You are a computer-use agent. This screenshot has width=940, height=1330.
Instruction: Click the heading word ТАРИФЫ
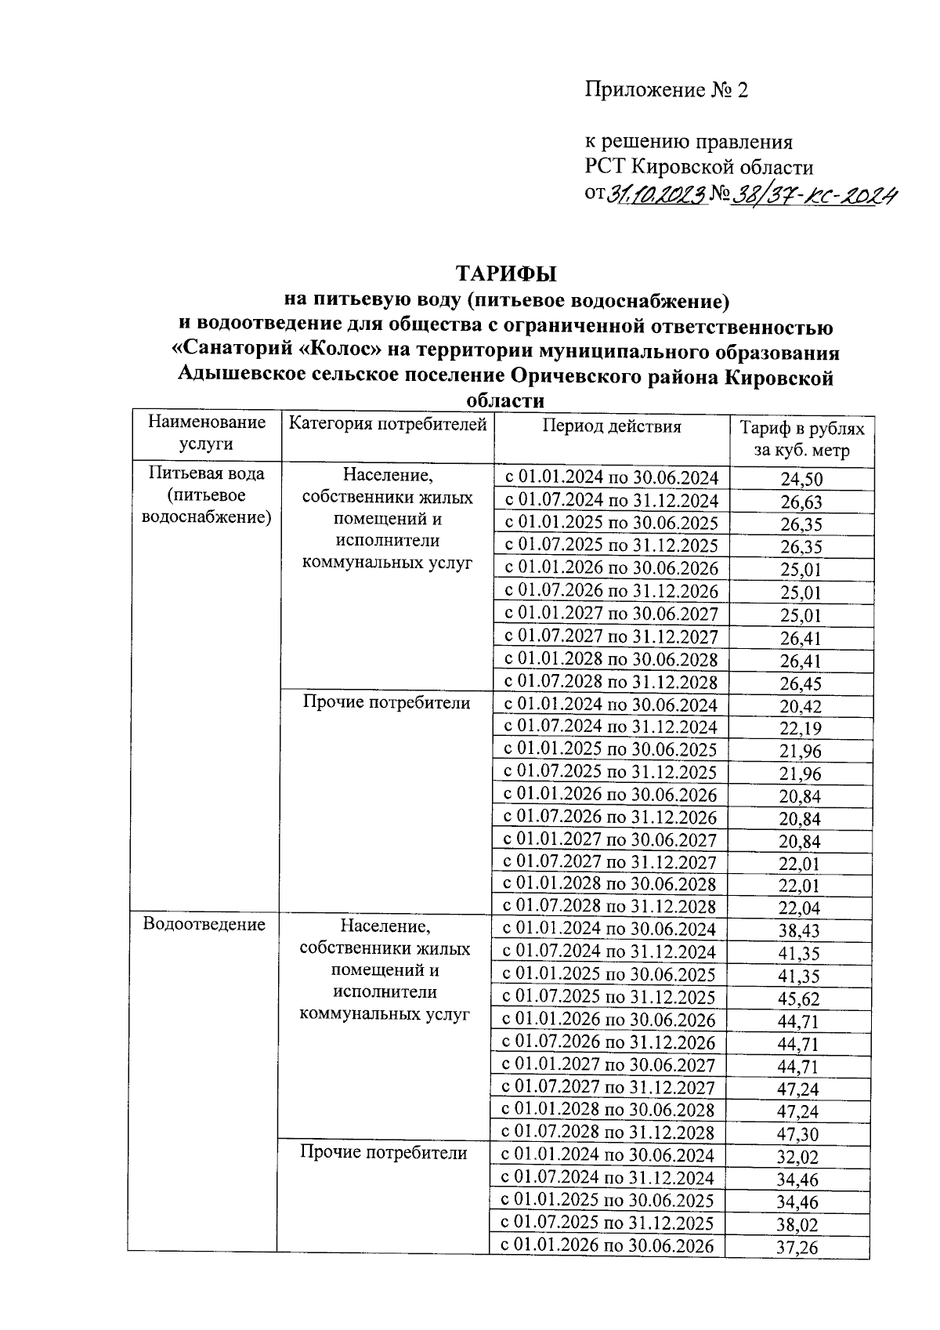pos(505,274)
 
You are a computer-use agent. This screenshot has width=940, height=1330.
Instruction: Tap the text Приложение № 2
pos(666,90)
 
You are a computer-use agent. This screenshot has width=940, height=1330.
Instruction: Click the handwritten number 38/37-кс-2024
pos(813,193)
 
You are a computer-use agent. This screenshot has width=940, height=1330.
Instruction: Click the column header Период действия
pos(611,426)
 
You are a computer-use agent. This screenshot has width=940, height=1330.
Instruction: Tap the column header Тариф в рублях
pos(802,429)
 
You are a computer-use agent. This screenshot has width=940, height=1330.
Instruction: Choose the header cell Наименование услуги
pos(207,433)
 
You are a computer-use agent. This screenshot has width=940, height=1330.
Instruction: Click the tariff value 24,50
pos(801,480)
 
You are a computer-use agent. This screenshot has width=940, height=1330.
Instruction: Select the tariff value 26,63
pos(801,502)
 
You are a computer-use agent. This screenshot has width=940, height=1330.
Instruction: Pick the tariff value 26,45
pos(801,683)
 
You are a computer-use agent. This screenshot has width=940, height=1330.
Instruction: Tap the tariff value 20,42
pos(801,706)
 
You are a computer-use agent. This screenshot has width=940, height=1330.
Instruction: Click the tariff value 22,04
pos(801,908)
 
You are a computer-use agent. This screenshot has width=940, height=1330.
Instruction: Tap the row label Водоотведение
pos(204,924)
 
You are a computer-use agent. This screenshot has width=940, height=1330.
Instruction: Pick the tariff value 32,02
pos(798,1156)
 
